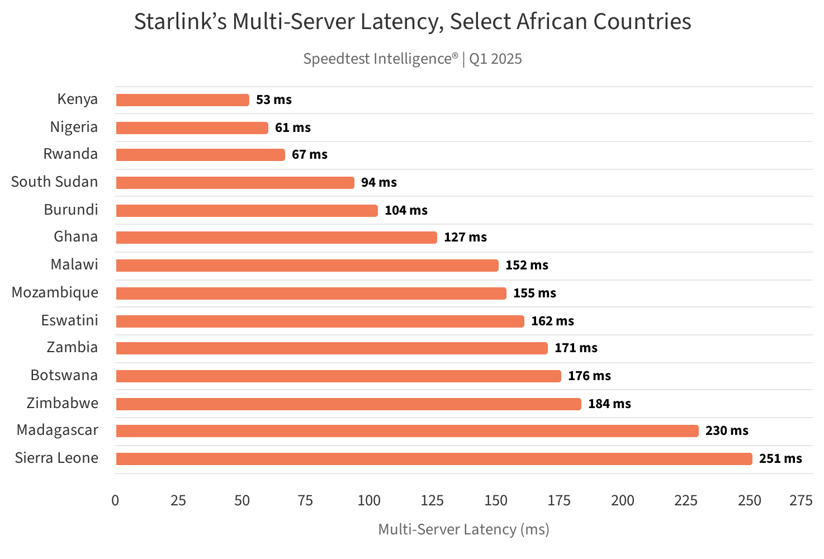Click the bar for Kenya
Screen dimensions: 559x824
point(182,100)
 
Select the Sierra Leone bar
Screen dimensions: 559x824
point(434,459)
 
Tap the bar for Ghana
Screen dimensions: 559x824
point(276,238)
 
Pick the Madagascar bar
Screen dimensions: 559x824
point(407,431)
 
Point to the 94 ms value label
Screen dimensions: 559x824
point(378,183)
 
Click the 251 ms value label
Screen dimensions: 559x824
point(780,459)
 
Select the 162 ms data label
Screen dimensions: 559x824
point(552,321)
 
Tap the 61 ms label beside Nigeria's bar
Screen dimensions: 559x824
point(292,128)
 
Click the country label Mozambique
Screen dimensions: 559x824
point(55,293)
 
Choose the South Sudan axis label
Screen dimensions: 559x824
point(54,182)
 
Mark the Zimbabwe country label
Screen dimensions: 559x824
point(62,404)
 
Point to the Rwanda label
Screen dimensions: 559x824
point(70,154)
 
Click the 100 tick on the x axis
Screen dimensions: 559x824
point(369,501)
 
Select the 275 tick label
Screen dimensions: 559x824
point(801,501)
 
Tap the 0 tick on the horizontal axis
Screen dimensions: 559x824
point(115,501)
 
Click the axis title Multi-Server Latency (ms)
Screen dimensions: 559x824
point(463,529)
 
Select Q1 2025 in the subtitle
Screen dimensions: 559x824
point(495,59)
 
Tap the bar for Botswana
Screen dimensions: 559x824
point(338,376)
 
